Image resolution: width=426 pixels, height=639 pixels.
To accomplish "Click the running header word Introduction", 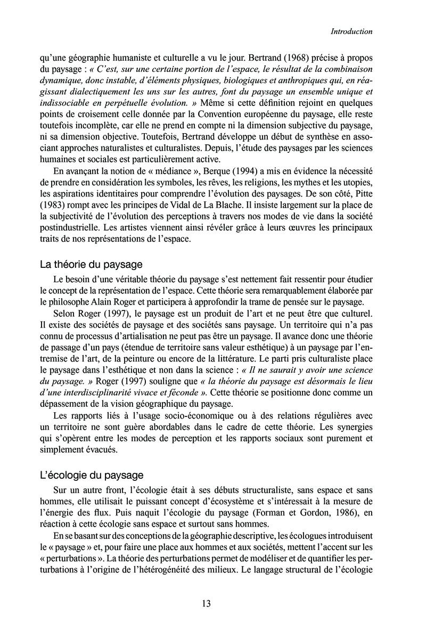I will click(351, 32).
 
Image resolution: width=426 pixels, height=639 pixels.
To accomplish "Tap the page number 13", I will click(207, 603).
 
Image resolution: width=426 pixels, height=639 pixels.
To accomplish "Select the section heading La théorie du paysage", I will click(91, 264).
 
